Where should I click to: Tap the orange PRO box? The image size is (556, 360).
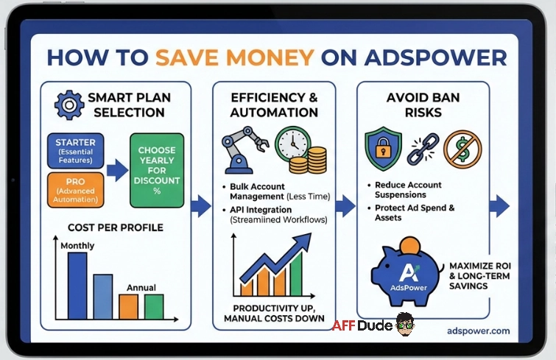[75, 189]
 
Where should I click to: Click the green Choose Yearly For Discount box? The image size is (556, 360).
[157, 170]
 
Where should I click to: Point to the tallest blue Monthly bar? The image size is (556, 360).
[77, 285]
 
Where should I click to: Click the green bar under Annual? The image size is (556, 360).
[153, 306]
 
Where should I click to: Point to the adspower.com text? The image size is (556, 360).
[478, 331]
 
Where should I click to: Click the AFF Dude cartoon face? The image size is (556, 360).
[404, 323]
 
